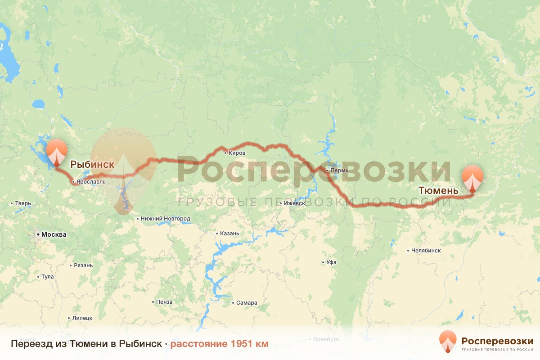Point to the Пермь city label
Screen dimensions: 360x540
(339, 171)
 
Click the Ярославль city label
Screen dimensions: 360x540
(91, 182)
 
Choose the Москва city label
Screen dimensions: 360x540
(53, 234)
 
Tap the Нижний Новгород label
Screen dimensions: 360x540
(165, 219)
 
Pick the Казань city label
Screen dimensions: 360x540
(229, 234)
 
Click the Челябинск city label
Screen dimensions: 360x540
(425, 250)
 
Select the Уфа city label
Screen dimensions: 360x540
(331, 262)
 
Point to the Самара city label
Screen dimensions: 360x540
(247, 302)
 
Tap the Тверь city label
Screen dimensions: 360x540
(23, 203)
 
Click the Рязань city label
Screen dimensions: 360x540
(83, 265)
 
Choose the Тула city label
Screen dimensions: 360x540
(47, 277)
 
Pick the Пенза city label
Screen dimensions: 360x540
(164, 302)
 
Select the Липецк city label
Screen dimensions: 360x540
(82, 318)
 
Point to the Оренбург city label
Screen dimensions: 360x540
(326, 338)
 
